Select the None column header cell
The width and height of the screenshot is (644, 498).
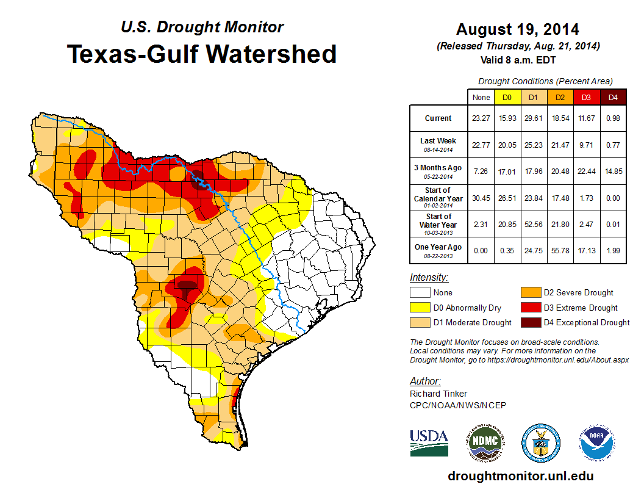tap(481, 97)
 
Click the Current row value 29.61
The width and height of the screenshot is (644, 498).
tap(533, 118)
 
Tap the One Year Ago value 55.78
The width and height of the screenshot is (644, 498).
tap(559, 250)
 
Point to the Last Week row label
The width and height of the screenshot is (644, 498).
tap(438, 144)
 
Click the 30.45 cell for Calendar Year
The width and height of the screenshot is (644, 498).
tap(481, 197)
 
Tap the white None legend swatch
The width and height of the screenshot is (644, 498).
tap(420, 293)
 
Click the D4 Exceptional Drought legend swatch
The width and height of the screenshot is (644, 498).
tap(531, 322)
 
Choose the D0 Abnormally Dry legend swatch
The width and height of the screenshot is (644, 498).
tap(420, 308)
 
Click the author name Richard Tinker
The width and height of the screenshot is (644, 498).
tap(438, 394)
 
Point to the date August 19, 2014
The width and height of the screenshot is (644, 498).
tap(518, 29)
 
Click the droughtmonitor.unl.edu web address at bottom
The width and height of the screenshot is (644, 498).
tap(520, 476)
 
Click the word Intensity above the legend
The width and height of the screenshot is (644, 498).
tap(429, 278)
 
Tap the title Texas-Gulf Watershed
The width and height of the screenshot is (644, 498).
tap(202, 54)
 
